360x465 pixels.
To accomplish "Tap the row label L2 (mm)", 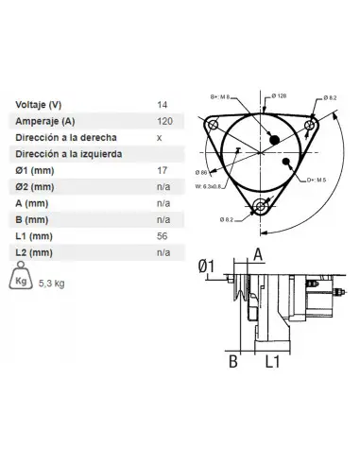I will click(35, 252).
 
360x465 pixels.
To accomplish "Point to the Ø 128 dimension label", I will click(279, 96).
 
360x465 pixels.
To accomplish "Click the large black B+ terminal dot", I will click(275, 140).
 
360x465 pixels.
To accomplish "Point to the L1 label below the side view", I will click(271, 361).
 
